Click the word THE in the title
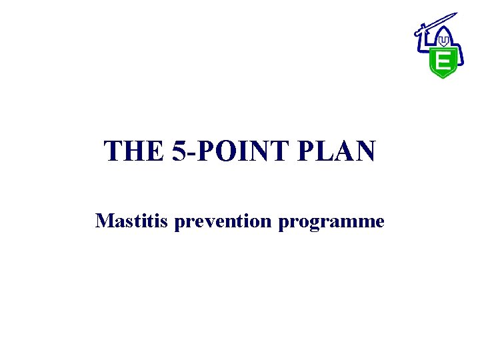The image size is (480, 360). [133, 151]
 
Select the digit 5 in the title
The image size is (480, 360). [179, 151]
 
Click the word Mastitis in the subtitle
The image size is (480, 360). [132, 221]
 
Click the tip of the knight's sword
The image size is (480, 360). [455, 14]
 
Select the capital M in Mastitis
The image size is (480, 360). [104, 221]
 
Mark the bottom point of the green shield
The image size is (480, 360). [442, 77]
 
